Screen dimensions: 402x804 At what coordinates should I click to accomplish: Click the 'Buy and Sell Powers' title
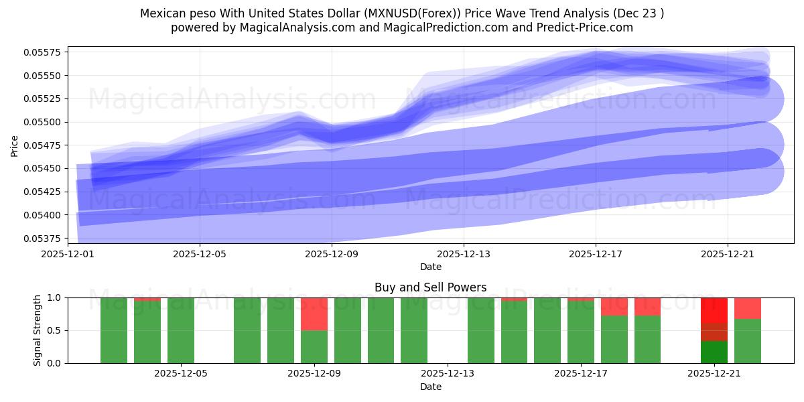coord(430,288)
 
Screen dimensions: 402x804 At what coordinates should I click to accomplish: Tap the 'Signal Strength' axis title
coord(38,330)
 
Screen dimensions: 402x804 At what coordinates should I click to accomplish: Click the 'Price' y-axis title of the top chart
coord(15,145)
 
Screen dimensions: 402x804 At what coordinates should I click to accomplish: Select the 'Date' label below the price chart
coord(430,267)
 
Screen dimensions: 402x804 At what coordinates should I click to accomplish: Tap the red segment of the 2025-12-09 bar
coord(314,314)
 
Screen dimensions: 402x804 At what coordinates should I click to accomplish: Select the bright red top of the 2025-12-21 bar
coord(714,310)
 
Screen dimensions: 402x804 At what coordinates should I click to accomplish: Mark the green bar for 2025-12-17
coord(580,332)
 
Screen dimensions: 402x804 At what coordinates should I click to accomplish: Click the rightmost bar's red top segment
coord(748,308)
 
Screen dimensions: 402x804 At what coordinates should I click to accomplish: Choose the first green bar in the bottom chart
coord(114,330)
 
